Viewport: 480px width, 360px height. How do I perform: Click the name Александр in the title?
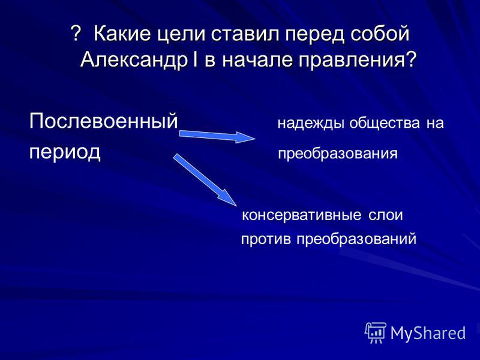tap(133, 59)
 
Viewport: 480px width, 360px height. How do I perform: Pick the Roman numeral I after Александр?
tap(196, 59)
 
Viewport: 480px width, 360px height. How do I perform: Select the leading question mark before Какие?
tap(76, 33)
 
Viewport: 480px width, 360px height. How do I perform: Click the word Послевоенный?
tap(103, 121)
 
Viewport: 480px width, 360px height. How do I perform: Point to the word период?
tap(65, 152)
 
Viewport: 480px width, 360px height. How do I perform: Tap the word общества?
tap(385, 124)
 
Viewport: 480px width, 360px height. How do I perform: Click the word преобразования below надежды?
tap(338, 154)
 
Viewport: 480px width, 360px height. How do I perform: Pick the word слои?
tap(385, 215)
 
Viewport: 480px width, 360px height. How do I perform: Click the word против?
tap(266, 239)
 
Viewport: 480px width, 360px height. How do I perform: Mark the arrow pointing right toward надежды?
tap(217, 136)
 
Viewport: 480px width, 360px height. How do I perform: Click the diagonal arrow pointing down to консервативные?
tap(205, 179)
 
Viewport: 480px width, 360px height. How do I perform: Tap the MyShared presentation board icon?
tap(376, 333)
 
